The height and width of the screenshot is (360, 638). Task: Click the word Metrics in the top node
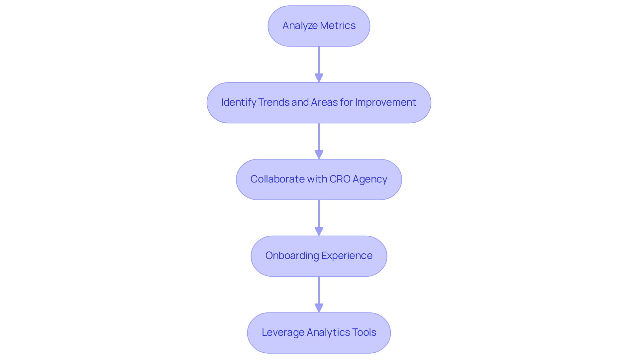pyautogui.click(x=338, y=26)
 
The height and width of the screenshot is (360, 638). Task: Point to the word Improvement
pyautogui.click(x=385, y=102)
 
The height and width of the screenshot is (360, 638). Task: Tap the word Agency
pyautogui.click(x=370, y=180)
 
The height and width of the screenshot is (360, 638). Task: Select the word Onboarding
pyautogui.click(x=292, y=256)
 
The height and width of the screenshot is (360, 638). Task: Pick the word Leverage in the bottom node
pyautogui.click(x=283, y=332)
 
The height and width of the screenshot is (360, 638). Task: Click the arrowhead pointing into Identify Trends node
pyautogui.click(x=319, y=78)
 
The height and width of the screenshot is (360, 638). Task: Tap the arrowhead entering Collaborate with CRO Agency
pyautogui.click(x=319, y=155)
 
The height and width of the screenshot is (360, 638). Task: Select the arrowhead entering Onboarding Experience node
pyautogui.click(x=319, y=231)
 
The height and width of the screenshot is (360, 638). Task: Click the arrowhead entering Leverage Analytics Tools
pyautogui.click(x=319, y=308)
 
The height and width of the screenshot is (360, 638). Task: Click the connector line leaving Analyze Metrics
pyautogui.click(x=319, y=60)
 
